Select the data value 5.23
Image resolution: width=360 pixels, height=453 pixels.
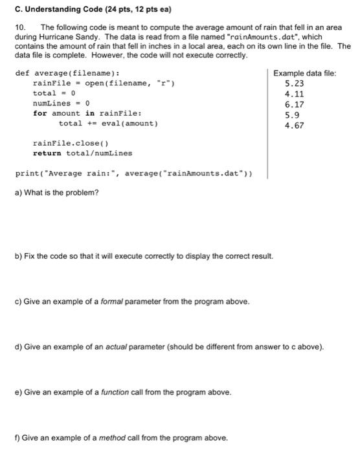pos(295,83)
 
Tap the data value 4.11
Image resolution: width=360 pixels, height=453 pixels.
pos(295,93)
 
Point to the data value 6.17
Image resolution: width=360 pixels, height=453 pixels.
pos(295,104)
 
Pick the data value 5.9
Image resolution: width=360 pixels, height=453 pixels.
pos(293,115)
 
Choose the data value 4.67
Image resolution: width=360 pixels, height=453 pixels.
pos(295,125)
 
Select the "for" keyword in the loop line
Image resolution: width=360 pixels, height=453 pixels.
pos(40,113)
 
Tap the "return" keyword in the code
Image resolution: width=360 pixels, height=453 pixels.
pos(47,153)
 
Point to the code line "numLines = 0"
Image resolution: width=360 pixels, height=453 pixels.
pos(61,103)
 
